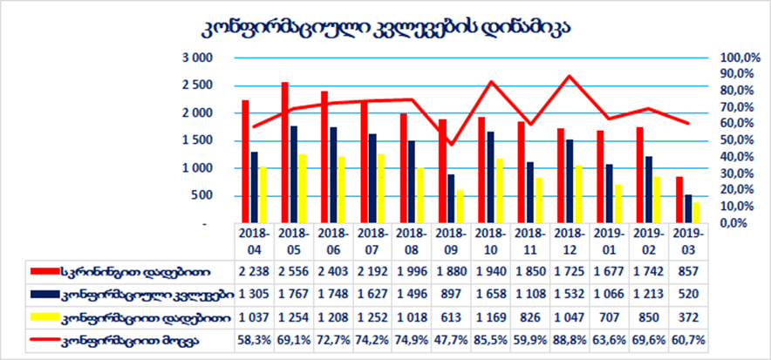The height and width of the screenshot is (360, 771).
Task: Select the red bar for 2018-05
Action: pos(285,153)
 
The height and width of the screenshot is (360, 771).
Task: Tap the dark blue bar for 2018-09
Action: pos(450,199)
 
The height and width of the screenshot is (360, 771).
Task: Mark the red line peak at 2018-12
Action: pos(570,76)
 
